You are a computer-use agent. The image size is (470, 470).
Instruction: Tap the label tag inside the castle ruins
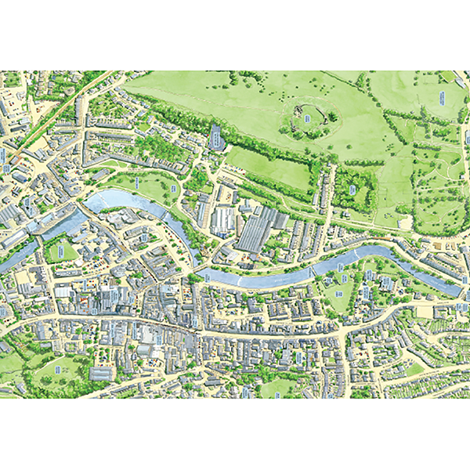[x=307, y=118]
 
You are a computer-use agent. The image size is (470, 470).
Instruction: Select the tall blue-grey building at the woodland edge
[x=217, y=138]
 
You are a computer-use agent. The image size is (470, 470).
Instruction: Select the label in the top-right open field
[x=441, y=99]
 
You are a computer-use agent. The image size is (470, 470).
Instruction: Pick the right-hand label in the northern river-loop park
[x=173, y=188]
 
